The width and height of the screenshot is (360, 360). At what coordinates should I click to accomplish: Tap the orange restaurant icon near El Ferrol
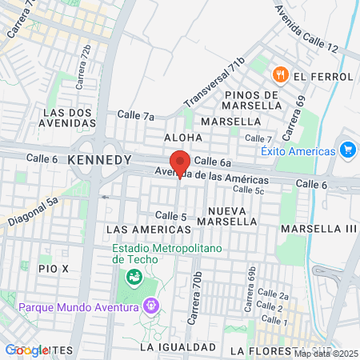280,75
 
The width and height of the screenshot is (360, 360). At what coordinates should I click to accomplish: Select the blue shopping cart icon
347,150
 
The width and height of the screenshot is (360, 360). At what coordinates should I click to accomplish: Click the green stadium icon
134,278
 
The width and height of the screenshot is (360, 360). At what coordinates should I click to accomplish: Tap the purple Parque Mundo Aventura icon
150,305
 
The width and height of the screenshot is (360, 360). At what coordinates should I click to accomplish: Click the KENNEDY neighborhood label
100,160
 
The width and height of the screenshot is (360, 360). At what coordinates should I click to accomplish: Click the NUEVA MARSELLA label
235,215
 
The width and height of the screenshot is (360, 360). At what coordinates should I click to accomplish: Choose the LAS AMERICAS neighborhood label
149,230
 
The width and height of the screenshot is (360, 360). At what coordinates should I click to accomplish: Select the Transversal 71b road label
214,83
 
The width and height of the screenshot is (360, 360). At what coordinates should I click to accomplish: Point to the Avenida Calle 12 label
306,30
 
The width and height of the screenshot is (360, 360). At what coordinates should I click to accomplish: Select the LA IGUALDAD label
178,347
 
